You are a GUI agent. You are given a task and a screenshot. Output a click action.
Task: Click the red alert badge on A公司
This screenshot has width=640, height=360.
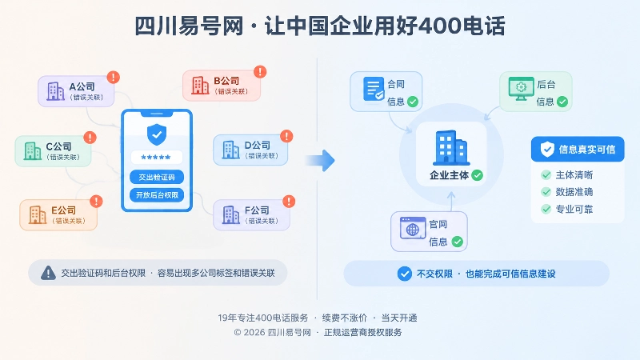pos(113,77)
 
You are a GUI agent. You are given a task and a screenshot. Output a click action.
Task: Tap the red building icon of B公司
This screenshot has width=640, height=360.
pos(200,86)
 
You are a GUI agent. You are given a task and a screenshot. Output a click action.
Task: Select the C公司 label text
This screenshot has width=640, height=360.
pos(58,146)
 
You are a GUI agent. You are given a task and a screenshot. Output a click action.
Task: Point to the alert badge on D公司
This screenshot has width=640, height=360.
pos(286,136)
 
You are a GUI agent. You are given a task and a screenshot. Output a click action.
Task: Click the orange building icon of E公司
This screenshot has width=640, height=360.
pos(38,214)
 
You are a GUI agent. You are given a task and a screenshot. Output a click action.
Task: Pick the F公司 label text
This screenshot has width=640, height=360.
pos(257,210)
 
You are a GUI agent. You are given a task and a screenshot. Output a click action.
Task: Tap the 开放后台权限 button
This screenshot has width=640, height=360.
pos(157,195)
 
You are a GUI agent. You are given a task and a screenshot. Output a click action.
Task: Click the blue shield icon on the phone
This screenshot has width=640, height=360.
pos(157,134)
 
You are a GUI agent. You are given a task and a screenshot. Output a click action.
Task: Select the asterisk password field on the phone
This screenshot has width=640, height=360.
pos(156,157)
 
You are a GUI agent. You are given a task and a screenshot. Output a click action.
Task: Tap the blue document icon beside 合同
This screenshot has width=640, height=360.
pos(374,89)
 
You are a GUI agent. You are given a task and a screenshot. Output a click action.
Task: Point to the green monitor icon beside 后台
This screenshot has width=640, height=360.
pos(522,89)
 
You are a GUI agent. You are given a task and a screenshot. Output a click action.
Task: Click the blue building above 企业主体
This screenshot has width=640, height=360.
pos(451,148)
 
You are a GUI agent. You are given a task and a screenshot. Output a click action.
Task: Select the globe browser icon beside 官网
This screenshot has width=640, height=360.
pos(413,228)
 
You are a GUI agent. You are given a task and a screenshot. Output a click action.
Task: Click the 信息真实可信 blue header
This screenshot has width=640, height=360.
pos(578,149)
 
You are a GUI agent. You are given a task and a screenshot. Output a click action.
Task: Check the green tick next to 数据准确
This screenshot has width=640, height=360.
pos(546,192)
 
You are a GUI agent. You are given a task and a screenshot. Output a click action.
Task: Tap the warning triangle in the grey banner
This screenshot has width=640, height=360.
pos(48,273)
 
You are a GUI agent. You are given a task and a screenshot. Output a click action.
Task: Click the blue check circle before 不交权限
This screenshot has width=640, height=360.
pos(405,274)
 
